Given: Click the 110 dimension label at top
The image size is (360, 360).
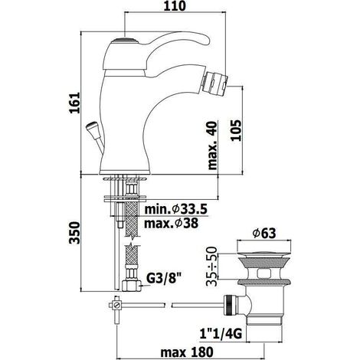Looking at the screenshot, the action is click(175, 6).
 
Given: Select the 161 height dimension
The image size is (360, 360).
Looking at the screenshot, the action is click(74, 103).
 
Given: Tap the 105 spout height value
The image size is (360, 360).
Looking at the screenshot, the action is click(236, 130).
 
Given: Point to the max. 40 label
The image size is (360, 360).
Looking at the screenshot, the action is click(212, 146).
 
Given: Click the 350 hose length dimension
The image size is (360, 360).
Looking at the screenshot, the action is click(74, 233).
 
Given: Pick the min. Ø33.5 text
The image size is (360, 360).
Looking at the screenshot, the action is click(176, 210).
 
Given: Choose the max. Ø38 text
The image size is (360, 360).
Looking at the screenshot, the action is click(171, 224).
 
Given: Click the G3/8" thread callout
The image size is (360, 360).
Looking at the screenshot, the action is click(165, 279).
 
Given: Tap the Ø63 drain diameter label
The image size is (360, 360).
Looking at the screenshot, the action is click(264, 233).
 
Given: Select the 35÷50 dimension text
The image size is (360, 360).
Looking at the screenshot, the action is click(212, 266).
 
